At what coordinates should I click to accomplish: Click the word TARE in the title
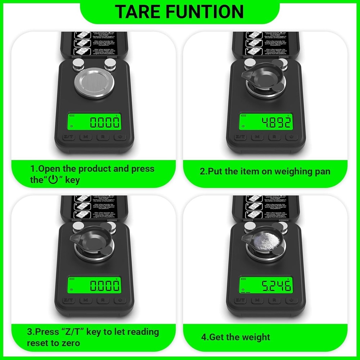pyautogui.click(x=137, y=12)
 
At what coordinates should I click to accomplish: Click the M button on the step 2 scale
pyautogui.click(x=257, y=137)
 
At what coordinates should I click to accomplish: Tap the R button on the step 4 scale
pyautogui.click(x=274, y=300)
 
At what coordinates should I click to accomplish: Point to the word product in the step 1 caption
pyautogui.click(x=96, y=169)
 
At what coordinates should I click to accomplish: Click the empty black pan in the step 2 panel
pyautogui.click(x=262, y=74)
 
